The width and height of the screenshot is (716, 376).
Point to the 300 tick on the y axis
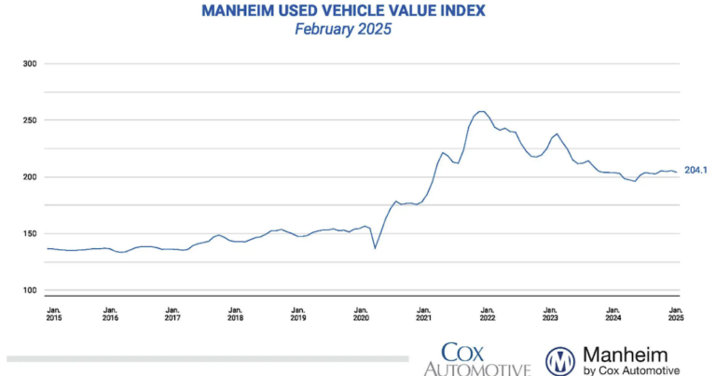pyautogui.click(x=28, y=64)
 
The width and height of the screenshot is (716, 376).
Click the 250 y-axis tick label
pyautogui.click(x=28, y=120)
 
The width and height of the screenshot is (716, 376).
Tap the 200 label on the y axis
pyautogui.click(x=28, y=177)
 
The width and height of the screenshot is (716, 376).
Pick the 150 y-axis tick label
pyautogui.click(x=28, y=234)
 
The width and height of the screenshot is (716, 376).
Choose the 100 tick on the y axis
pyautogui.click(x=28, y=290)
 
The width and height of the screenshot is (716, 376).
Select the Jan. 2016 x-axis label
pyautogui.click(x=110, y=313)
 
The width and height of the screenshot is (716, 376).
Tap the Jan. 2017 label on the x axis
pyautogui.click(x=172, y=313)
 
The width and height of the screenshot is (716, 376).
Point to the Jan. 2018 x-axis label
pyautogui.click(x=235, y=313)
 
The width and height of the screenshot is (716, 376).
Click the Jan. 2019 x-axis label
pyautogui.click(x=297, y=313)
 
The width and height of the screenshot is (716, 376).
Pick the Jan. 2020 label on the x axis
pyautogui.click(x=361, y=313)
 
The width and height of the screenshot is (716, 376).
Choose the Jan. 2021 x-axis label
pyautogui.click(x=423, y=313)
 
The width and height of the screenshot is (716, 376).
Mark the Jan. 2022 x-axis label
pyautogui.click(x=486, y=313)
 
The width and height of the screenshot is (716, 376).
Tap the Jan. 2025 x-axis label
pyautogui.click(x=675, y=313)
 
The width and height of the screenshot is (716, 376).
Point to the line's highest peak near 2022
pyautogui.click(x=480, y=111)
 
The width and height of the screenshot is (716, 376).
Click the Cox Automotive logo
pyautogui.click(x=476, y=358)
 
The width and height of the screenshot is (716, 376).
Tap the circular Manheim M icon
pyautogui.click(x=559, y=360)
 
